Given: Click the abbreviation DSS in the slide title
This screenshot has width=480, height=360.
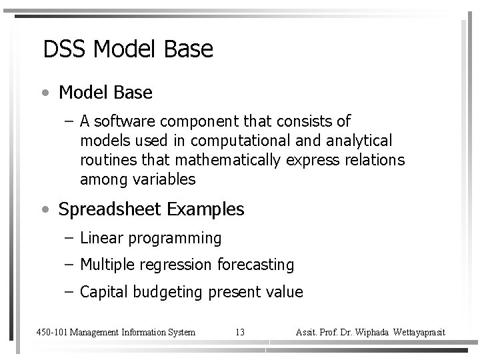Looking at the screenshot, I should [65, 49].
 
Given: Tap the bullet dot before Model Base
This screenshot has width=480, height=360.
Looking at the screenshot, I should [44, 93].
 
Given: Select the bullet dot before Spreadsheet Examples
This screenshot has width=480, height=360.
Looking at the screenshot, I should [44, 209].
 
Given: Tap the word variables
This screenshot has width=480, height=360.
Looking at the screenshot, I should [164, 179].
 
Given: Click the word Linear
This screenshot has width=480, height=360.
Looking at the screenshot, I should [99, 238].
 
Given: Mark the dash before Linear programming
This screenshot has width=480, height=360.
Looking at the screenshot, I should [70, 238].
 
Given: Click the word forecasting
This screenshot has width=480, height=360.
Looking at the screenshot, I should [255, 265].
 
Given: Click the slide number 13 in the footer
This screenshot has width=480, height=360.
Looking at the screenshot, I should [240, 332].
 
